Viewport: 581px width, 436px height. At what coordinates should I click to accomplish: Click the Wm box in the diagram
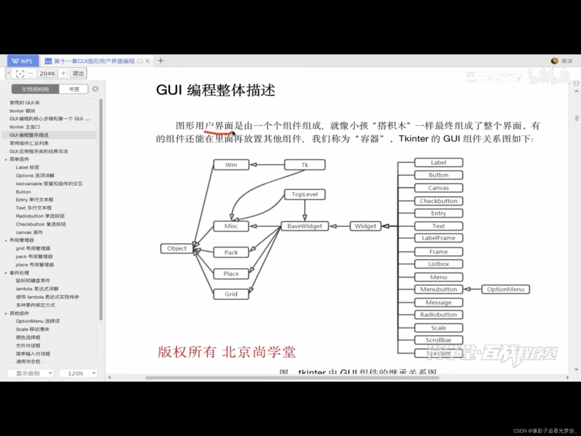[231, 165]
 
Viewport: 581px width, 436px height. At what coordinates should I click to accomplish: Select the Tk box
[305, 165]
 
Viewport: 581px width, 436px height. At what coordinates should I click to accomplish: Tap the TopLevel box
[305, 194]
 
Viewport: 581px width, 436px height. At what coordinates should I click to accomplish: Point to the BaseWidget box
[305, 226]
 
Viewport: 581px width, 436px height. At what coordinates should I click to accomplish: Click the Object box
[177, 248]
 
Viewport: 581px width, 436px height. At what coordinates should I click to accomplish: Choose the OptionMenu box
[505, 289]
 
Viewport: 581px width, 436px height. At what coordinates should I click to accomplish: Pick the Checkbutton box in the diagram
[438, 201]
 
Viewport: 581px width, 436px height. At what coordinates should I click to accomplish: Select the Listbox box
[438, 264]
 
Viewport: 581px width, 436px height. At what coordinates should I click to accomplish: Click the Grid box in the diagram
[231, 294]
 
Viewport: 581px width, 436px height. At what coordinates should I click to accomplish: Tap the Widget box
[365, 226]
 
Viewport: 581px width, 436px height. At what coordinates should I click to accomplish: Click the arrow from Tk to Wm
[267, 165]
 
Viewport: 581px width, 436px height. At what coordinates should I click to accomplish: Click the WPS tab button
[23, 61]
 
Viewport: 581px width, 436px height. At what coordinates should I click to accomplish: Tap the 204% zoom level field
[47, 73]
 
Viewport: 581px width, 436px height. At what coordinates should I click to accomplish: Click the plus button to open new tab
[161, 61]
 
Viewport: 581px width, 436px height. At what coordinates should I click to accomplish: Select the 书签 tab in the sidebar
[74, 89]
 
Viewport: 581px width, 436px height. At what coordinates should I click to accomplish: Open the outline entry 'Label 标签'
[27, 167]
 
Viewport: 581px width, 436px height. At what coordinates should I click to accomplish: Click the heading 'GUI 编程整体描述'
[215, 90]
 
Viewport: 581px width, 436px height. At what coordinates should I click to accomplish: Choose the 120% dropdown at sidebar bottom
[78, 373]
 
